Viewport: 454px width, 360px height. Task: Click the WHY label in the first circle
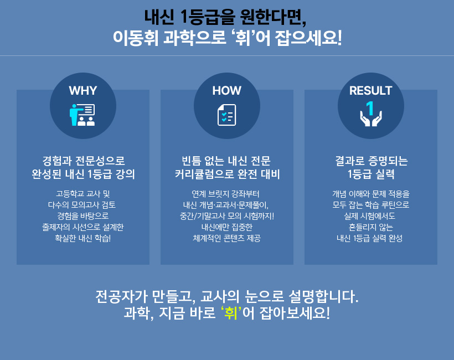pyautogui.click(x=83, y=90)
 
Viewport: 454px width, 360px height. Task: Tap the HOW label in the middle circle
pyautogui.click(x=226, y=90)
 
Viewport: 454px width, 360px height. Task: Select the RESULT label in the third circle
pyautogui.click(x=370, y=90)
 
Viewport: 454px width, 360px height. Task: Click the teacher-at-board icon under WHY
pyautogui.click(x=82, y=115)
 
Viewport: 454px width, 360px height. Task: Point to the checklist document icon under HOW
pyautogui.click(x=226, y=115)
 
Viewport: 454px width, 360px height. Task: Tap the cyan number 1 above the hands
pyautogui.click(x=370, y=108)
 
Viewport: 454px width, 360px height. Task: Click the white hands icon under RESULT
pyautogui.click(x=371, y=119)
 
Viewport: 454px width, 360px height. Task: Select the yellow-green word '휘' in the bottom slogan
pyautogui.click(x=231, y=313)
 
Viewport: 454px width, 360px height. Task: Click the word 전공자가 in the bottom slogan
pyautogui.click(x=121, y=296)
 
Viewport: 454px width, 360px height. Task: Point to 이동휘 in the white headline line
pyautogui.click(x=136, y=38)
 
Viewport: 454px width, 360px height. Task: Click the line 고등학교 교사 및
pyautogui.click(x=83, y=194)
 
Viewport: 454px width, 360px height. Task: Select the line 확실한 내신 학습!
pyautogui.click(x=83, y=238)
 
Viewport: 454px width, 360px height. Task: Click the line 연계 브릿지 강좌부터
pyautogui.click(x=225, y=194)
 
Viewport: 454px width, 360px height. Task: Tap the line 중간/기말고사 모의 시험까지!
pyautogui.click(x=226, y=216)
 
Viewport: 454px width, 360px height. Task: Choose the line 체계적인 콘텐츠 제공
pyautogui.click(x=226, y=238)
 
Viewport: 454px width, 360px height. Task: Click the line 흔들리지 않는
pyautogui.click(x=370, y=227)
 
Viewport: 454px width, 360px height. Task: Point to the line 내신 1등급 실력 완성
pyautogui.click(x=369, y=238)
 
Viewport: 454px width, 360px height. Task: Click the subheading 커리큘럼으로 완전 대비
pyautogui.click(x=227, y=174)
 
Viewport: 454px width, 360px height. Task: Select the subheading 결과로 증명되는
pyautogui.click(x=371, y=161)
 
